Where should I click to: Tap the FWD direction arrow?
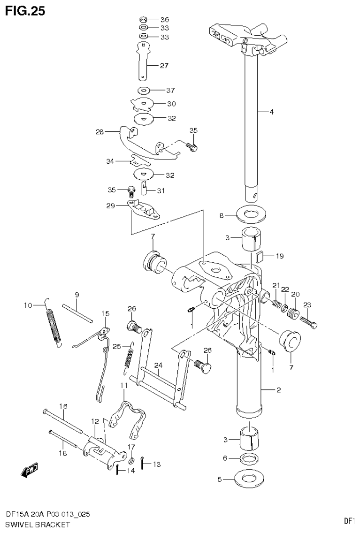[x=30, y=470]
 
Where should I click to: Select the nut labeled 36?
[x=144, y=20]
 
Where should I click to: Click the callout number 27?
[x=164, y=66]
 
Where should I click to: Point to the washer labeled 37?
[x=144, y=90]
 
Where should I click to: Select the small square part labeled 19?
[x=259, y=256]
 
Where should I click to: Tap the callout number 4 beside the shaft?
[x=271, y=112]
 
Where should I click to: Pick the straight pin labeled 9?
[x=77, y=313]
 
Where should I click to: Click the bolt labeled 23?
[x=308, y=321]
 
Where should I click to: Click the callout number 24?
[x=158, y=365]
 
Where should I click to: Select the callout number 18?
[x=62, y=453]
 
